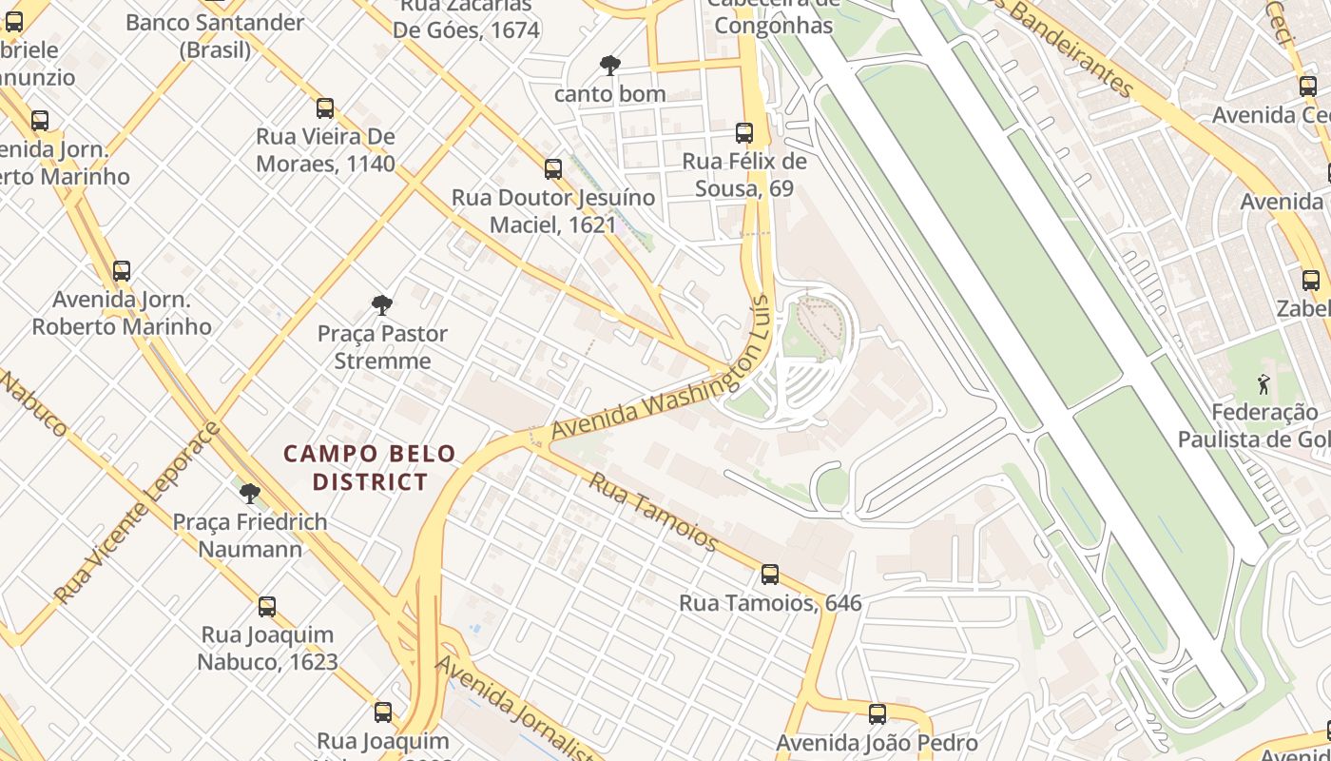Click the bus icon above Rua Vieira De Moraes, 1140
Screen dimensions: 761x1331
coord(325,107)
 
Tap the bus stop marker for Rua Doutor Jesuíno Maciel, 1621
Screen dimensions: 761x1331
coord(553,169)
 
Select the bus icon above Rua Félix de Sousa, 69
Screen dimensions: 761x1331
coord(744,133)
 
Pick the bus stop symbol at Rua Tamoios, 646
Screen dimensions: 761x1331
coord(770,575)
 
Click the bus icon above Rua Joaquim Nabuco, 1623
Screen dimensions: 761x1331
coord(267,607)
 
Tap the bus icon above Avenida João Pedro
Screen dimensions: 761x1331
coord(878,713)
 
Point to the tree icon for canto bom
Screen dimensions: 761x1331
coord(610,66)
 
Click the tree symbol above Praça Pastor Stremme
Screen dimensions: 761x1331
coord(382,305)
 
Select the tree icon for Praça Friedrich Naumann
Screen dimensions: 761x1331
coord(250,494)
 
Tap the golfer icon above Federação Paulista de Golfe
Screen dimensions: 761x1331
coord(1263,384)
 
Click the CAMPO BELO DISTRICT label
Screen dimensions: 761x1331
coord(370,468)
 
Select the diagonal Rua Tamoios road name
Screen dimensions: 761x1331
coord(653,510)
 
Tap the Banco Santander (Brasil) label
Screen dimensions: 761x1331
coord(215,36)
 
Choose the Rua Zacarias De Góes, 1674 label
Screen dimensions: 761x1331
coord(467,19)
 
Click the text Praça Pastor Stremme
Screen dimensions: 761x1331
coord(382,347)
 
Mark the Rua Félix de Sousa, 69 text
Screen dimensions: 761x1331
coord(744,175)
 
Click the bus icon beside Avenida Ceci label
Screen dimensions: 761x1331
coord(1307,86)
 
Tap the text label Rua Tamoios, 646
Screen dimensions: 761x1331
coord(770,603)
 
